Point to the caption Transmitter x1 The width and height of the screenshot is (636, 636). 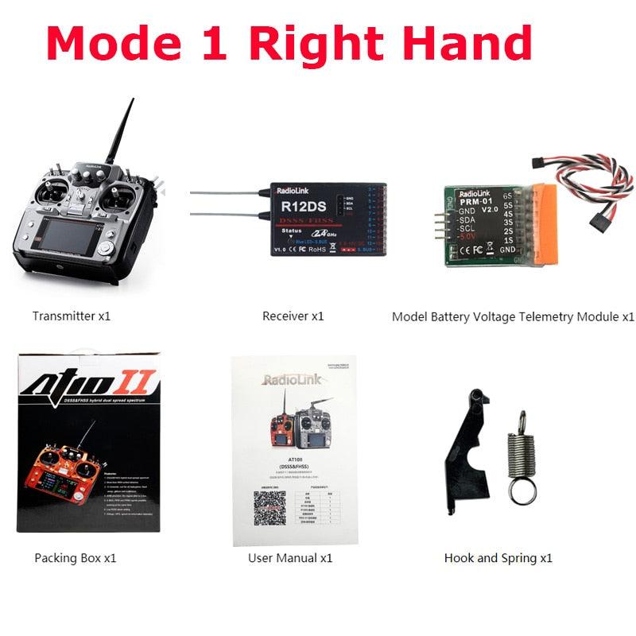point(72,316)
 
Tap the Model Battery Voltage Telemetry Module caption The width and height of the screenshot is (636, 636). point(513,316)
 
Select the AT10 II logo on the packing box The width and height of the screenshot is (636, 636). point(89,387)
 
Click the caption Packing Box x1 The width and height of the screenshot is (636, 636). point(76,558)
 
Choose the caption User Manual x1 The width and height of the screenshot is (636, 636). point(290,558)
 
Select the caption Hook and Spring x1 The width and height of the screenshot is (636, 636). point(498,558)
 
